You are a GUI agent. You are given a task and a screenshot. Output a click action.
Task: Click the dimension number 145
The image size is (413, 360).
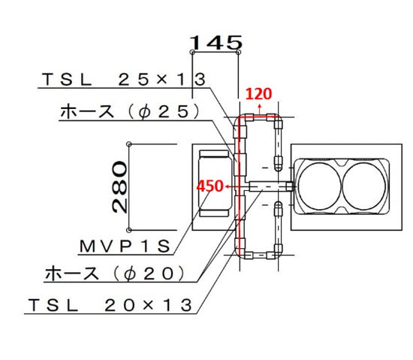click(216, 43)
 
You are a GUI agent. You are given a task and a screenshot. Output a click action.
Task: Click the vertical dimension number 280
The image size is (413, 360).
click(119, 187)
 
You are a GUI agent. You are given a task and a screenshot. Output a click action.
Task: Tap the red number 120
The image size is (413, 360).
click(258, 94)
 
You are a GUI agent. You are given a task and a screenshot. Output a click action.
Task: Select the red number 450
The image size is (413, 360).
click(210, 186)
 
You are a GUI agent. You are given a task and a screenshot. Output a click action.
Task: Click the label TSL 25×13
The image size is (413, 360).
click(124, 80)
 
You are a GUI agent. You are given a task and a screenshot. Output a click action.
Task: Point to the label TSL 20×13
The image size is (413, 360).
click(110, 305)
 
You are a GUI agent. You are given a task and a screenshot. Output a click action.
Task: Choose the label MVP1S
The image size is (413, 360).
click(125, 247)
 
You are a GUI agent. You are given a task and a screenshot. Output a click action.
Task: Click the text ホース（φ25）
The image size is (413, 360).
click(130, 112)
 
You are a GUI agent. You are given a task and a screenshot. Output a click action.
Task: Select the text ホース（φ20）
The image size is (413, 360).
click(116, 274)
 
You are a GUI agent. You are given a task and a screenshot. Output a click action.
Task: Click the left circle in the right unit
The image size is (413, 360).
click(319, 186)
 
